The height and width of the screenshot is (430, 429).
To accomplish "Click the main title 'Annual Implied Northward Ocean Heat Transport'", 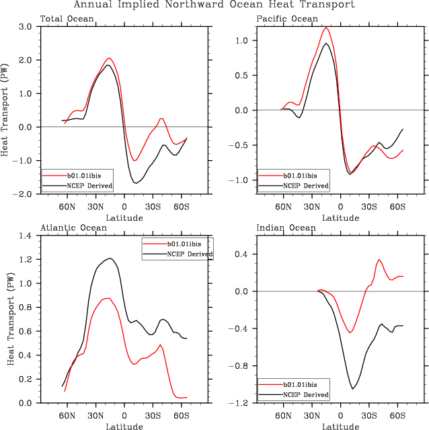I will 213,5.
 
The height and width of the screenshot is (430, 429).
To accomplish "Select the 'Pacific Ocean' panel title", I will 287,18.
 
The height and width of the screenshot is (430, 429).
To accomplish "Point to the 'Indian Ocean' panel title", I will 286,228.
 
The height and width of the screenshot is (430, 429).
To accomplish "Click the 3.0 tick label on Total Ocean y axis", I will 26,27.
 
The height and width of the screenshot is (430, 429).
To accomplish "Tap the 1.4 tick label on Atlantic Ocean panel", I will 26,236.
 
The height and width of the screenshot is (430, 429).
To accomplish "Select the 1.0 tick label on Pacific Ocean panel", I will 241,40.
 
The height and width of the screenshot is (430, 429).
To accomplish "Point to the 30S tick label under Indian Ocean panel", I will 368,416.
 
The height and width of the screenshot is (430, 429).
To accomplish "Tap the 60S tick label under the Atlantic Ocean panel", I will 181,416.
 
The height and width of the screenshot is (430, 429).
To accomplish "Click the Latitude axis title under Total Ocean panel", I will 124,217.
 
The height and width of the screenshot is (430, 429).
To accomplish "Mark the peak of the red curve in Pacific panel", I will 326,28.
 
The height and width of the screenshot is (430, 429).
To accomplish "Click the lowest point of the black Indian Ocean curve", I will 352,389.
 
